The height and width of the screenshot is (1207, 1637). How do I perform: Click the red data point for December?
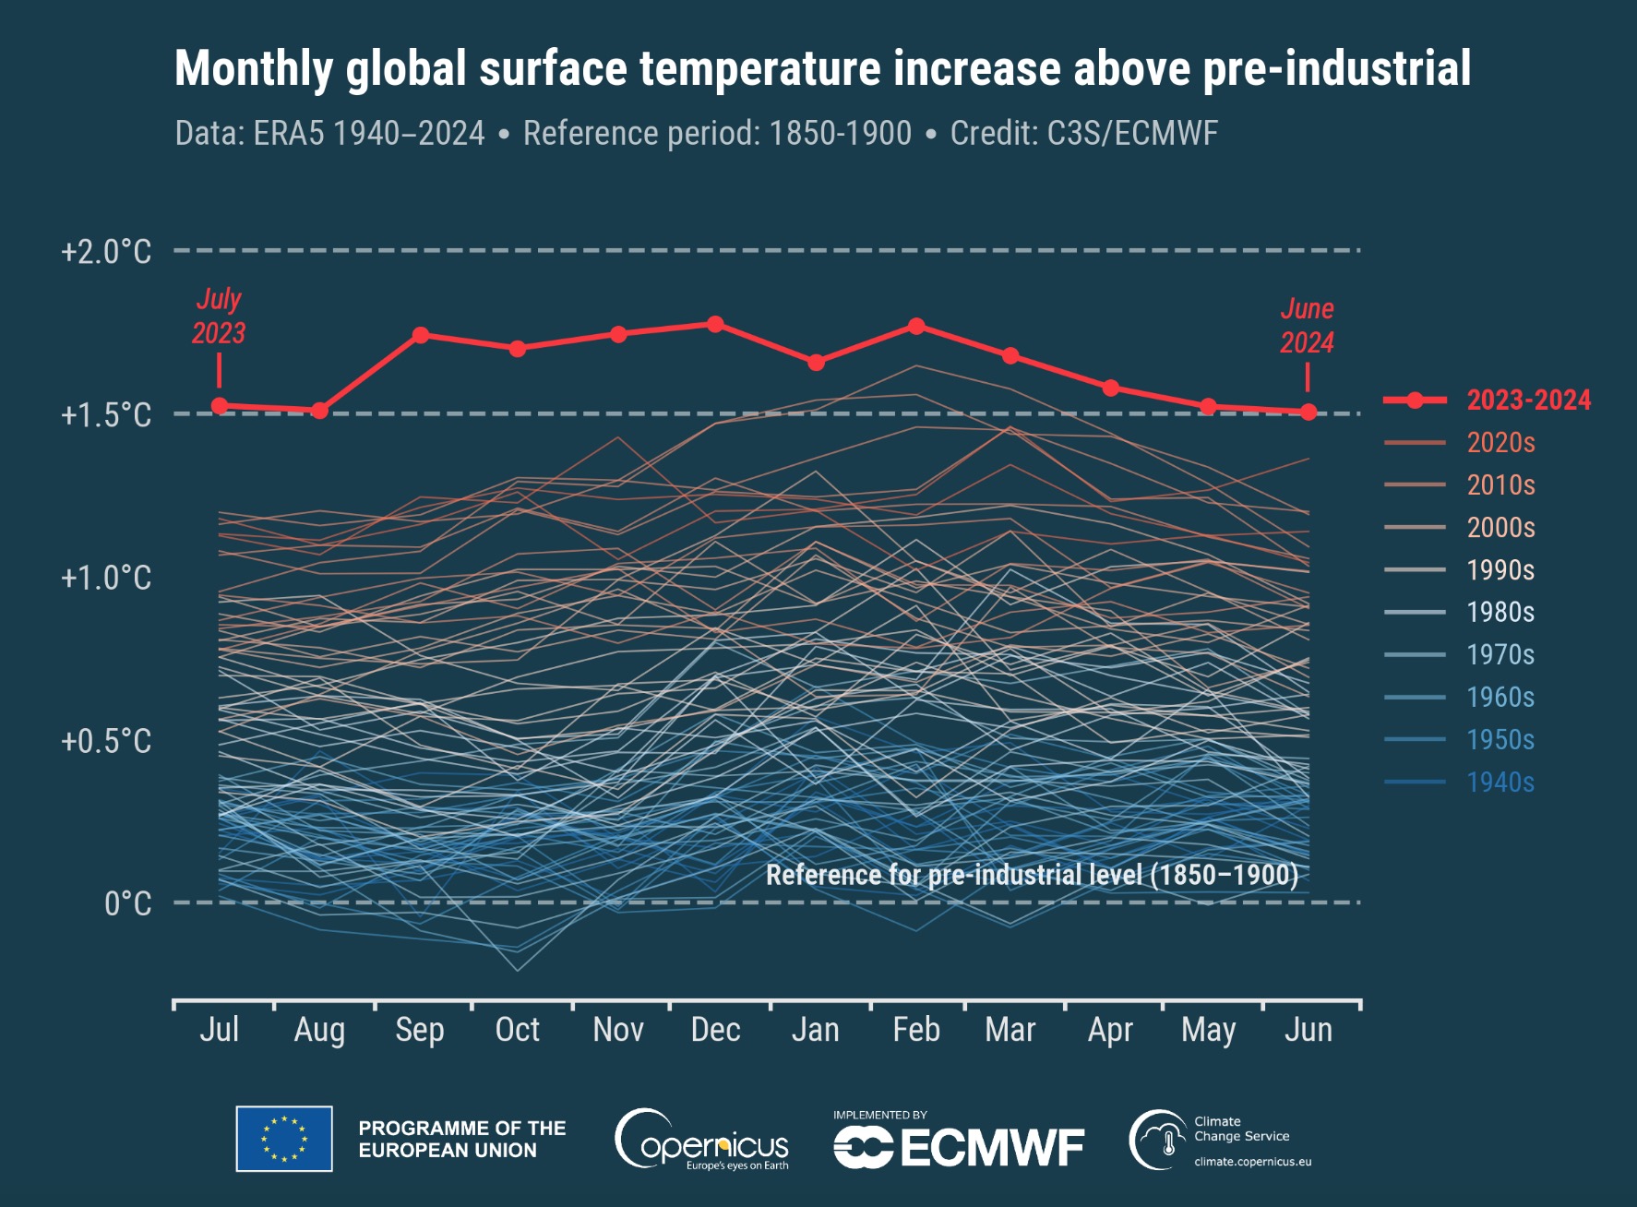tap(715, 324)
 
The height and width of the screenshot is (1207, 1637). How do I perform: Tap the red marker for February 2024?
tap(916, 326)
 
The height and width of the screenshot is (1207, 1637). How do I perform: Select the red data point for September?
tap(420, 335)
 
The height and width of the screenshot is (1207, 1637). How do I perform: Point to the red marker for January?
tap(816, 363)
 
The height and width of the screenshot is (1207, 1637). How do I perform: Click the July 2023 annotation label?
tap(219, 316)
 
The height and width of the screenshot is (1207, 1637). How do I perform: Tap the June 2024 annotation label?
tap(1307, 325)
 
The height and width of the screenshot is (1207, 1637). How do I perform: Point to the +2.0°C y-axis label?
tap(106, 252)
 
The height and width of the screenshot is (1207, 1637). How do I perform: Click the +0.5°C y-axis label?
tap(106, 741)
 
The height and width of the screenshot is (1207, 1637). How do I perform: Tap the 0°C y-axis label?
tap(127, 903)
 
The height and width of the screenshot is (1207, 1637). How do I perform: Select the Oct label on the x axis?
tap(517, 1030)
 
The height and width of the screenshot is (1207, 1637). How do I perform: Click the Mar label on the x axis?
tap(1010, 1030)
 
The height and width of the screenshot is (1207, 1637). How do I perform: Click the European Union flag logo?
tap(284, 1139)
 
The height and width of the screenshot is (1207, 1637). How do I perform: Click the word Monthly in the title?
tap(254, 69)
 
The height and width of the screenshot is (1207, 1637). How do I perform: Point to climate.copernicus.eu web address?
tap(1252, 1162)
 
